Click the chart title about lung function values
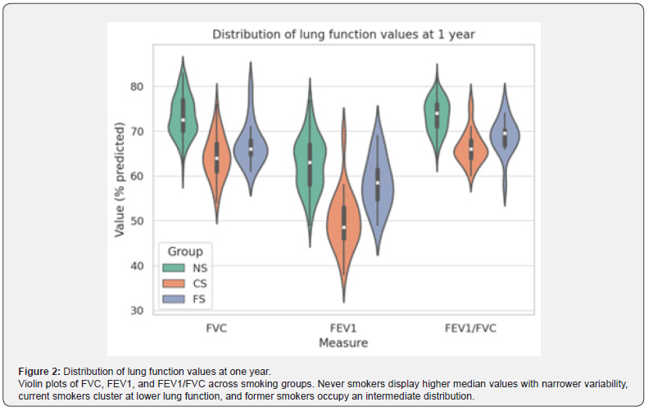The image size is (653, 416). [344, 34]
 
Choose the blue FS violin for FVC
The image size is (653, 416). [251, 148]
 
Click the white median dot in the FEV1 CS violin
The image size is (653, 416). [344, 226]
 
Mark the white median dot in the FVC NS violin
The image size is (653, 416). [183, 120]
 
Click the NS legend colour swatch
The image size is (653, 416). [175, 267]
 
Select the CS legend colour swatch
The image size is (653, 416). [175, 283]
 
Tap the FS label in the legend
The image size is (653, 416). [199, 299]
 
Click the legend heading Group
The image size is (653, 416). [184, 251]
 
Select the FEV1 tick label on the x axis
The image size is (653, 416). [344, 327]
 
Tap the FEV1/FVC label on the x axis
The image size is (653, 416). [470, 327]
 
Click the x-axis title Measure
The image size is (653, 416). [343, 341]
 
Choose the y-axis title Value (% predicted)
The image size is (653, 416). [120, 181]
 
